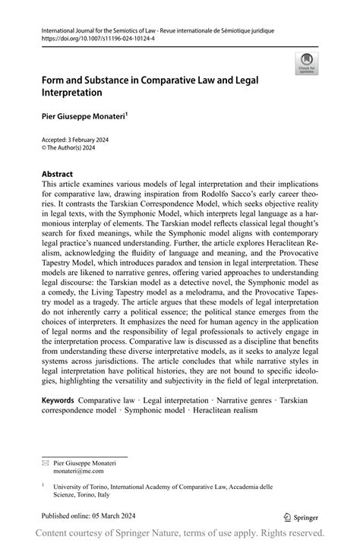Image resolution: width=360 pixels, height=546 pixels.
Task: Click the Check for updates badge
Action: tap(307, 63)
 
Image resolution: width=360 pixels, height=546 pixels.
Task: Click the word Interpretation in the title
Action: tap(72, 92)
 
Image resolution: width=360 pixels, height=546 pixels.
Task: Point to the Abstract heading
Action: tap(57, 174)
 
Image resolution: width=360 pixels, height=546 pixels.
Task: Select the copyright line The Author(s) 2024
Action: tap(77, 149)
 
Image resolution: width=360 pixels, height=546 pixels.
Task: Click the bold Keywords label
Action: tap(58, 399)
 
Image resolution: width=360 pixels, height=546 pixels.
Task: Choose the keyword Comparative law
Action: tap(107, 399)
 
